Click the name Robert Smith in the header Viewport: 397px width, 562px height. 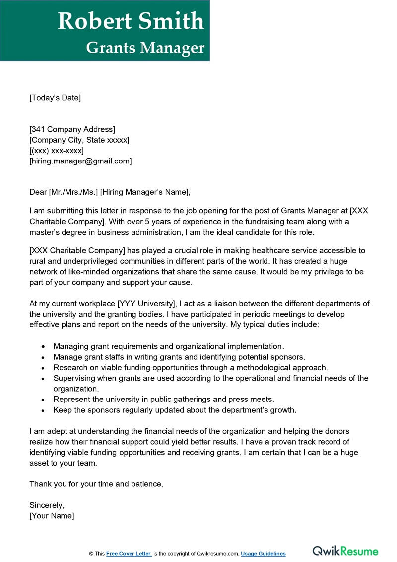[x=131, y=21]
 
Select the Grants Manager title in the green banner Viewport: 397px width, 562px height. [x=145, y=48]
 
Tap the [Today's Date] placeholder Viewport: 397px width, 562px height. [x=55, y=98]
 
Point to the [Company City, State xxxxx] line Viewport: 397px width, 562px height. [x=79, y=140]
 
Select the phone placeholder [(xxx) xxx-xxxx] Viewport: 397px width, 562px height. [x=57, y=151]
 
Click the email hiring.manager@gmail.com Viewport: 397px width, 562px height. [x=80, y=161]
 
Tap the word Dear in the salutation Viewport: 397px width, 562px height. [x=38, y=192]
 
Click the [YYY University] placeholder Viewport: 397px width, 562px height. [x=146, y=304]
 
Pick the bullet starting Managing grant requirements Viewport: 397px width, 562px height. [x=169, y=346]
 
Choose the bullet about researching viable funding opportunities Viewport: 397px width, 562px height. [x=191, y=368]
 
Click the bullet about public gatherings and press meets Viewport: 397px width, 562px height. [x=164, y=400]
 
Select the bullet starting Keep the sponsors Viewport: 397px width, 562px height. [x=175, y=410]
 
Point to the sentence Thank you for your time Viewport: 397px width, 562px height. [x=96, y=484]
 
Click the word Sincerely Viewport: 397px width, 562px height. [x=47, y=505]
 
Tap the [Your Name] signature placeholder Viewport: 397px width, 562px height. [x=52, y=516]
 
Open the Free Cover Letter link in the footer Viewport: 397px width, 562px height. [x=129, y=554]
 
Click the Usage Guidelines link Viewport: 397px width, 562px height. [x=264, y=554]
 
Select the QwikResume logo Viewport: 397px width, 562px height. [x=345, y=551]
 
